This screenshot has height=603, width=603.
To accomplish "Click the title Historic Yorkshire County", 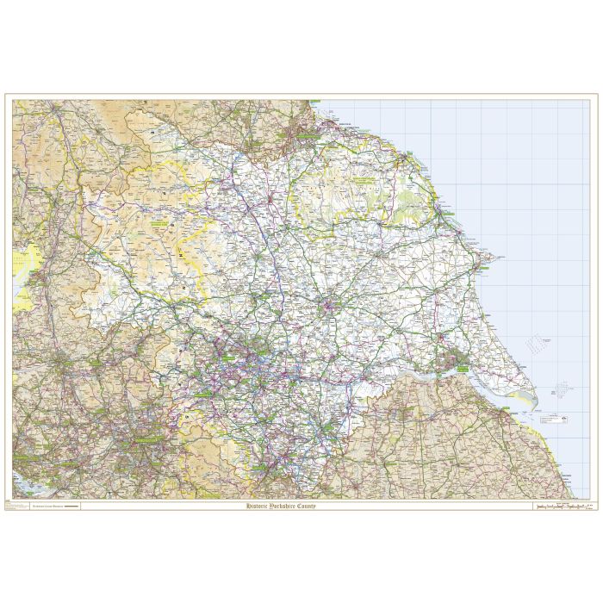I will click(281, 506).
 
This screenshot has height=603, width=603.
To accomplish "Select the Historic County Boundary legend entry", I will click(54, 507).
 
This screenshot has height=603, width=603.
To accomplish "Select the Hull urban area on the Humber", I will click(451, 360).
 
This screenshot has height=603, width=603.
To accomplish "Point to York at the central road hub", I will click(331, 303).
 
